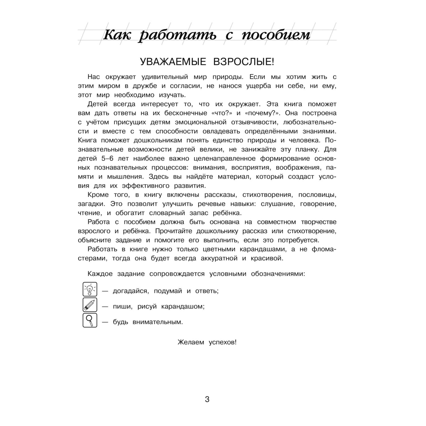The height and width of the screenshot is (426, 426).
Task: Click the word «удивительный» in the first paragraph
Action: (x=162, y=77)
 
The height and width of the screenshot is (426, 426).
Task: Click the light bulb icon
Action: (x=90, y=289)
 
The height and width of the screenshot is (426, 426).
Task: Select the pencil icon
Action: (x=90, y=305)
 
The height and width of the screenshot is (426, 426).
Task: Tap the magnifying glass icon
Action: (x=90, y=320)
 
